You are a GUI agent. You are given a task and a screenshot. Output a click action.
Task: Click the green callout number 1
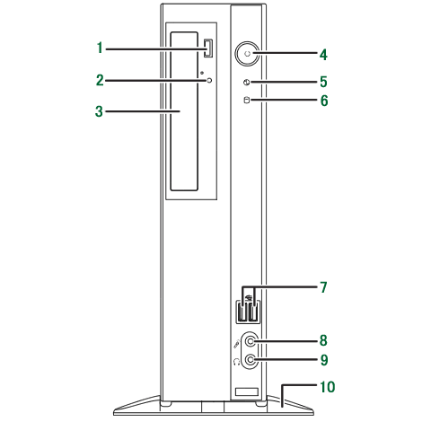100,48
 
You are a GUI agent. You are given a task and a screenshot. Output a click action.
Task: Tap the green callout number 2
100,80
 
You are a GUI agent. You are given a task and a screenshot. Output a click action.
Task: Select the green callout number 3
99,111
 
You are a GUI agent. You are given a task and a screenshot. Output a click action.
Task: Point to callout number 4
323,55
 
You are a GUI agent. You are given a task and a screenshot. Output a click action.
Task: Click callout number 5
323,82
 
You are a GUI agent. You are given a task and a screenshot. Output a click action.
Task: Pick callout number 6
324,101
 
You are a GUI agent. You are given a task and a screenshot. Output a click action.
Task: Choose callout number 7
323,287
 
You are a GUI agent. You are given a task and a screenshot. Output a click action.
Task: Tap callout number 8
323,340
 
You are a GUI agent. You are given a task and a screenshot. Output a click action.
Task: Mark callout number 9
324,360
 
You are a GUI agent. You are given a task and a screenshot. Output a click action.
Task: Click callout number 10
328,387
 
